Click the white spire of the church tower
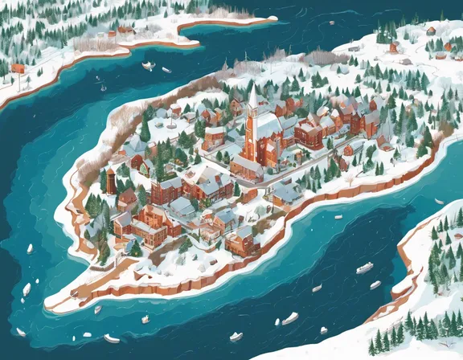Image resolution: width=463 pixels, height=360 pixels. tap(252, 97)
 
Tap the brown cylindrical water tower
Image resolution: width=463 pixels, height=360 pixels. tap(110, 180)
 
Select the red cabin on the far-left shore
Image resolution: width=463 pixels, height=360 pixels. tap(18, 68)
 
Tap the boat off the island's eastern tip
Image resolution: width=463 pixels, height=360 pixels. tap(439, 201)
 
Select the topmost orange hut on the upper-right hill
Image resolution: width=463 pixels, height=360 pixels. tap(431, 31)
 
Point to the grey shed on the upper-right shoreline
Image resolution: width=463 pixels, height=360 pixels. tap(354, 48)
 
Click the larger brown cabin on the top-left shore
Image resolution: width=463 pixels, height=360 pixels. tap(125, 31)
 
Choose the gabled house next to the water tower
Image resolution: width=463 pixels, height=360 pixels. tap(127, 196)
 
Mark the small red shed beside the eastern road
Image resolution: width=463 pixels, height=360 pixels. tap(348, 149)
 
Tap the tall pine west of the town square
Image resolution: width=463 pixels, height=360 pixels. tap(145, 127)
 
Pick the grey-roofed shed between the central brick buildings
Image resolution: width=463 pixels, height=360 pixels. tap(182, 207)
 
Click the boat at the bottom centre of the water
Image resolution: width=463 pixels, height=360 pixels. tap(236, 336)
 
